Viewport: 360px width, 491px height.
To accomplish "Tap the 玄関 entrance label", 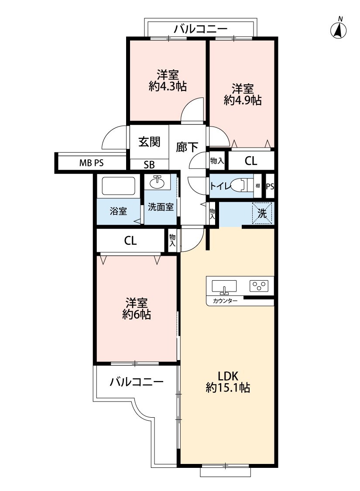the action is (x=149, y=142).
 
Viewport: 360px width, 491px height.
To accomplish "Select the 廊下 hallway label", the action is (x=187, y=147).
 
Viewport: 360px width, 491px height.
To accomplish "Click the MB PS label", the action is (x=91, y=163).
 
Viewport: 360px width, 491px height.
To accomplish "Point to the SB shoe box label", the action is (x=149, y=165).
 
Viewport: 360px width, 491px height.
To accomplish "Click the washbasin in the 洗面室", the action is (x=157, y=182).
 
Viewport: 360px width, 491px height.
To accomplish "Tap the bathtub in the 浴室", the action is (x=116, y=187).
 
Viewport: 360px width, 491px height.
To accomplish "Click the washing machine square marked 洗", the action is (x=262, y=213).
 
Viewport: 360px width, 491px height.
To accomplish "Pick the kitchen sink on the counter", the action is (x=224, y=286).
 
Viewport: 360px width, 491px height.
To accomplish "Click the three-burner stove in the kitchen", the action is (x=259, y=285).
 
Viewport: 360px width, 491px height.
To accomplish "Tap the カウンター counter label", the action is (x=225, y=301).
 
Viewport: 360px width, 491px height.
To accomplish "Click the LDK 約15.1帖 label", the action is (x=228, y=382).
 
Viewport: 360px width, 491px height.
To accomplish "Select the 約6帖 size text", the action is (x=137, y=315).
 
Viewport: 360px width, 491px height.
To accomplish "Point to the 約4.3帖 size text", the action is (x=168, y=86).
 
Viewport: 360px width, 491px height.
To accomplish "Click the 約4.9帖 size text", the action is (x=243, y=100).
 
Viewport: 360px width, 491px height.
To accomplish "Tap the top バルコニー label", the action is (x=201, y=29).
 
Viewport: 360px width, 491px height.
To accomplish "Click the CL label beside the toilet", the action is (x=251, y=161).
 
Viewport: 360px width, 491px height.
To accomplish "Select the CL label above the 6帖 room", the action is (x=130, y=240).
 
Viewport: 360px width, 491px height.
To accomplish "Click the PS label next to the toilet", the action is (x=270, y=187).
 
